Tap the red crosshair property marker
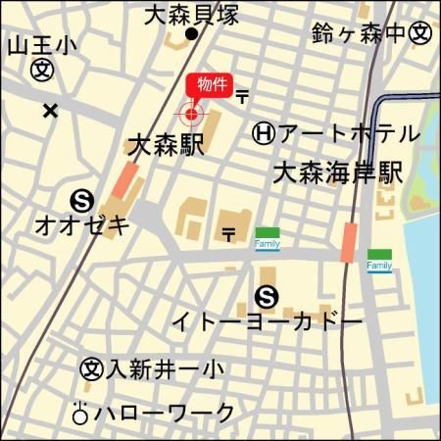[x=190, y=115]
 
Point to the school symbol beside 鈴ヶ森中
[x=420, y=33]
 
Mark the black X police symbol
[x=50, y=111]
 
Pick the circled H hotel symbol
[x=263, y=132]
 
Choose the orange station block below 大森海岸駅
[x=349, y=242]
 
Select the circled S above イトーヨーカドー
[x=265, y=295]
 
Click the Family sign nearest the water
[x=379, y=261]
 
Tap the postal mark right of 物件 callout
[x=241, y=95]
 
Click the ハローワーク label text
[x=164, y=413]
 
